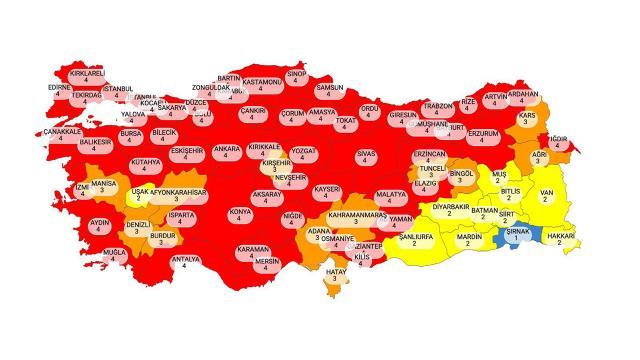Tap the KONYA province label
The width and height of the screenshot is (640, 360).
(239, 215)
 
